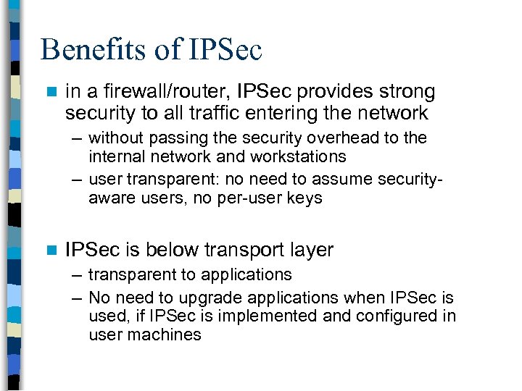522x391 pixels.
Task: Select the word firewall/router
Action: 149,92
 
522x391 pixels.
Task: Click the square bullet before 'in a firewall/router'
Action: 50,92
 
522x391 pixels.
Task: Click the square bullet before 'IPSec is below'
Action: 50,251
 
